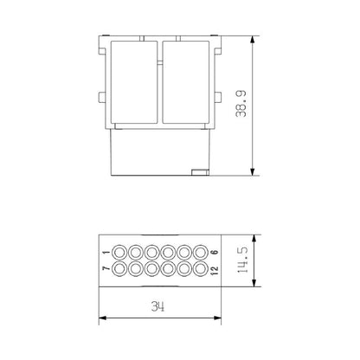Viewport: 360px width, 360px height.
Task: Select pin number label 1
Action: pos(106,252)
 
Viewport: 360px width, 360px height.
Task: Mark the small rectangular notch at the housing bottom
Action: pos(199,170)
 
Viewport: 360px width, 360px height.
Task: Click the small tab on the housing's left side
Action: pos(102,95)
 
